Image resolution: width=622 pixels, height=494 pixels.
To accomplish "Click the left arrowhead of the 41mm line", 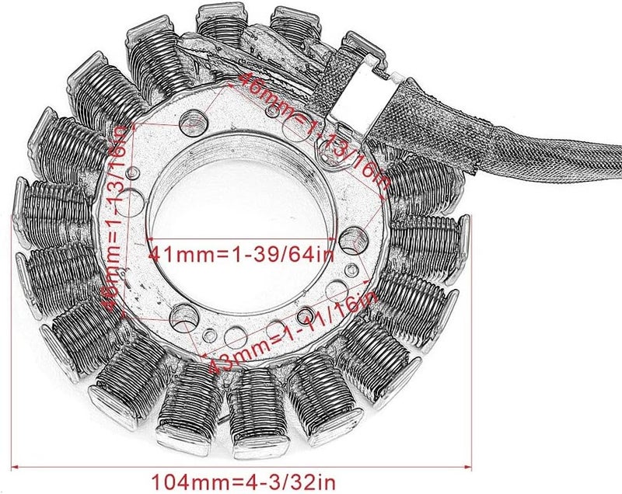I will coord(150,239).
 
